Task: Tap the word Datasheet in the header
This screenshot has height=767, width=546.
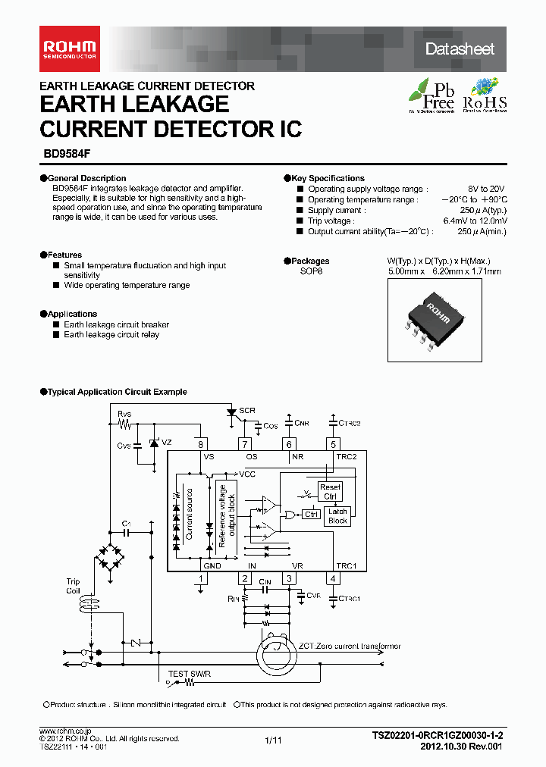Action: pos(459,49)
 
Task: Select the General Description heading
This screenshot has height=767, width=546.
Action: pos(86,178)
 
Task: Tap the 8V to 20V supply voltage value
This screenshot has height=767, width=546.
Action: pos(486,189)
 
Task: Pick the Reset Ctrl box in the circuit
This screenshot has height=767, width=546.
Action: pos(331,492)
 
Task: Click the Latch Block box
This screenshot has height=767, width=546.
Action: pos(337,516)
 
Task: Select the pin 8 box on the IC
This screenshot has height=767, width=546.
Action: pos(201,444)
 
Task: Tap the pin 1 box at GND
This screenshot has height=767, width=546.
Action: pos(201,578)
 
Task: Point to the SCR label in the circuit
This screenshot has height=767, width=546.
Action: pos(246,410)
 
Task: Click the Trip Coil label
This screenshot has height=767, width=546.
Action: pos(73,586)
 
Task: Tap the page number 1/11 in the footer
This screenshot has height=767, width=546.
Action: pos(273,740)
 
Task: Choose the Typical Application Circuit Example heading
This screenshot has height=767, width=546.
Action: pos(117,392)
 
